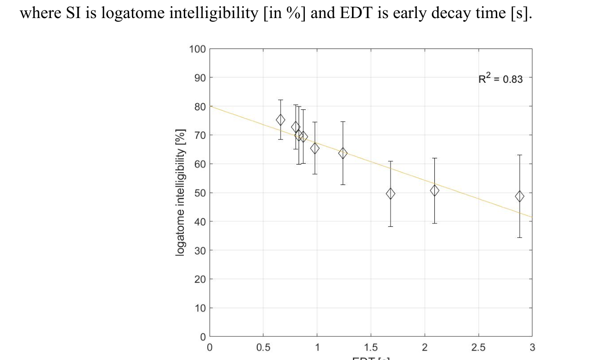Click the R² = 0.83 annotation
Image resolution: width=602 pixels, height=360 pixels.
tap(500, 79)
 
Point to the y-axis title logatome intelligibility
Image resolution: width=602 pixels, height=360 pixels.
tap(180, 192)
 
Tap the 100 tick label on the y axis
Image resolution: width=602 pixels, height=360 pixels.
tap(197, 49)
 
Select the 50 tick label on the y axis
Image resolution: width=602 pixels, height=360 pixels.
tap(200, 193)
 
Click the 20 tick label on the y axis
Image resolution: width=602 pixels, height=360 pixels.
tap(200, 279)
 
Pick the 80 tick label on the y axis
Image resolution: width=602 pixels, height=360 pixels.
tap(200, 107)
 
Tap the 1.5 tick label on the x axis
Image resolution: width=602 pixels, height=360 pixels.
tap(371, 348)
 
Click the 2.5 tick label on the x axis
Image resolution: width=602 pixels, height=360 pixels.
tap(478, 348)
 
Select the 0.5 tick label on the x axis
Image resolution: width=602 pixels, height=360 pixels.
tap(263, 348)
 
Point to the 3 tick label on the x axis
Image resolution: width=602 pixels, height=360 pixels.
tap(532, 348)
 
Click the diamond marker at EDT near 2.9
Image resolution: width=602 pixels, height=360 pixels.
tap(520, 196)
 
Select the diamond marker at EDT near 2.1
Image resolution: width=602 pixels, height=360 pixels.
tap(434, 190)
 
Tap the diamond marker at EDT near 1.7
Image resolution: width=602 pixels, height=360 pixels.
tap(391, 194)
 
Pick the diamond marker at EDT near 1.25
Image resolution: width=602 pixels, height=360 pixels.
tap(343, 153)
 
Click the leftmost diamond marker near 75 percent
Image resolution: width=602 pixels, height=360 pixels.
tap(281, 120)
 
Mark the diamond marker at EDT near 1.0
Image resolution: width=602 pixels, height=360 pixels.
tap(315, 148)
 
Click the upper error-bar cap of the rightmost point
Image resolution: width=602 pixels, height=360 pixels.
tap(520, 155)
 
